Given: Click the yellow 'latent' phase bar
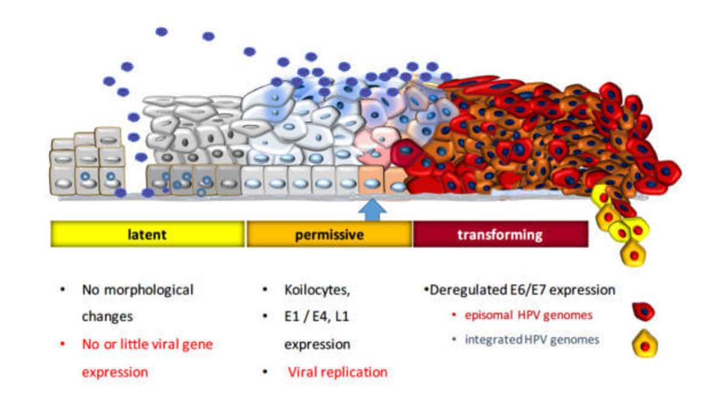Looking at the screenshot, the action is tap(147, 234).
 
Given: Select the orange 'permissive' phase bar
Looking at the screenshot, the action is tap(329, 234).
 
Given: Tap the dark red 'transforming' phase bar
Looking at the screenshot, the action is tap(500, 234).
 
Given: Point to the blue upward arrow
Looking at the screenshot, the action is tap(372, 210).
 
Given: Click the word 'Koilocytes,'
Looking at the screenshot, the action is tap(317, 290).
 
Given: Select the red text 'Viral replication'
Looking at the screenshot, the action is tap(338, 372).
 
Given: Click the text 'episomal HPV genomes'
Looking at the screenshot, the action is tap(529, 315).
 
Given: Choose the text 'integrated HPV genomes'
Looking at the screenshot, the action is tap(532, 339).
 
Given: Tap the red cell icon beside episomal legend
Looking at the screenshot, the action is tap(644, 312).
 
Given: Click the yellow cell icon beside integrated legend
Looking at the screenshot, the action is tap(645, 344).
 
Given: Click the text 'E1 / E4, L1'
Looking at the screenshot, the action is tap(317, 316).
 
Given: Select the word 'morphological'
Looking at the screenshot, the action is tap(149, 290).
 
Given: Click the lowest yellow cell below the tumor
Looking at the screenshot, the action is tap(633, 254).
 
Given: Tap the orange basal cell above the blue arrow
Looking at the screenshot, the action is tap(372, 180).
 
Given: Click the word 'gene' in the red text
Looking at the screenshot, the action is tap(198, 345).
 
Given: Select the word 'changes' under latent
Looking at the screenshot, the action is tap(108, 316).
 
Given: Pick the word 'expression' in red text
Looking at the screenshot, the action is tap(115, 373).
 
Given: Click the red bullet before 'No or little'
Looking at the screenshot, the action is tap(62, 344).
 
